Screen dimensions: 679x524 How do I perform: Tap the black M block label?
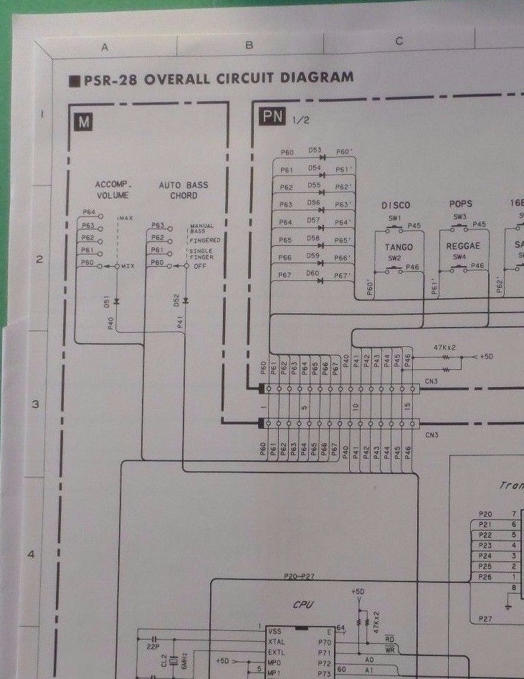[x=84, y=122]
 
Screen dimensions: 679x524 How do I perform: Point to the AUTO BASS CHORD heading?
[x=184, y=190]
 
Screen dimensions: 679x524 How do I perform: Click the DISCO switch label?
[x=396, y=205]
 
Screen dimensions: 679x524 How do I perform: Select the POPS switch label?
[x=460, y=204]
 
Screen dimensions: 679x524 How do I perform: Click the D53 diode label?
[x=314, y=151]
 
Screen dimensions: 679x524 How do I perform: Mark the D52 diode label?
[x=176, y=300]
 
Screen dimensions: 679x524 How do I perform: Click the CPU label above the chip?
[x=303, y=605]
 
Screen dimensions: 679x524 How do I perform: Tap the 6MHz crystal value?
[x=184, y=660]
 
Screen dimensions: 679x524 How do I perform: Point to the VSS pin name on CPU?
[x=275, y=631]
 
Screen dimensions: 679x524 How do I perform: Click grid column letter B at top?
[x=249, y=45]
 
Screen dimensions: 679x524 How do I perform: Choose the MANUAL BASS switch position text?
[x=201, y=229]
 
